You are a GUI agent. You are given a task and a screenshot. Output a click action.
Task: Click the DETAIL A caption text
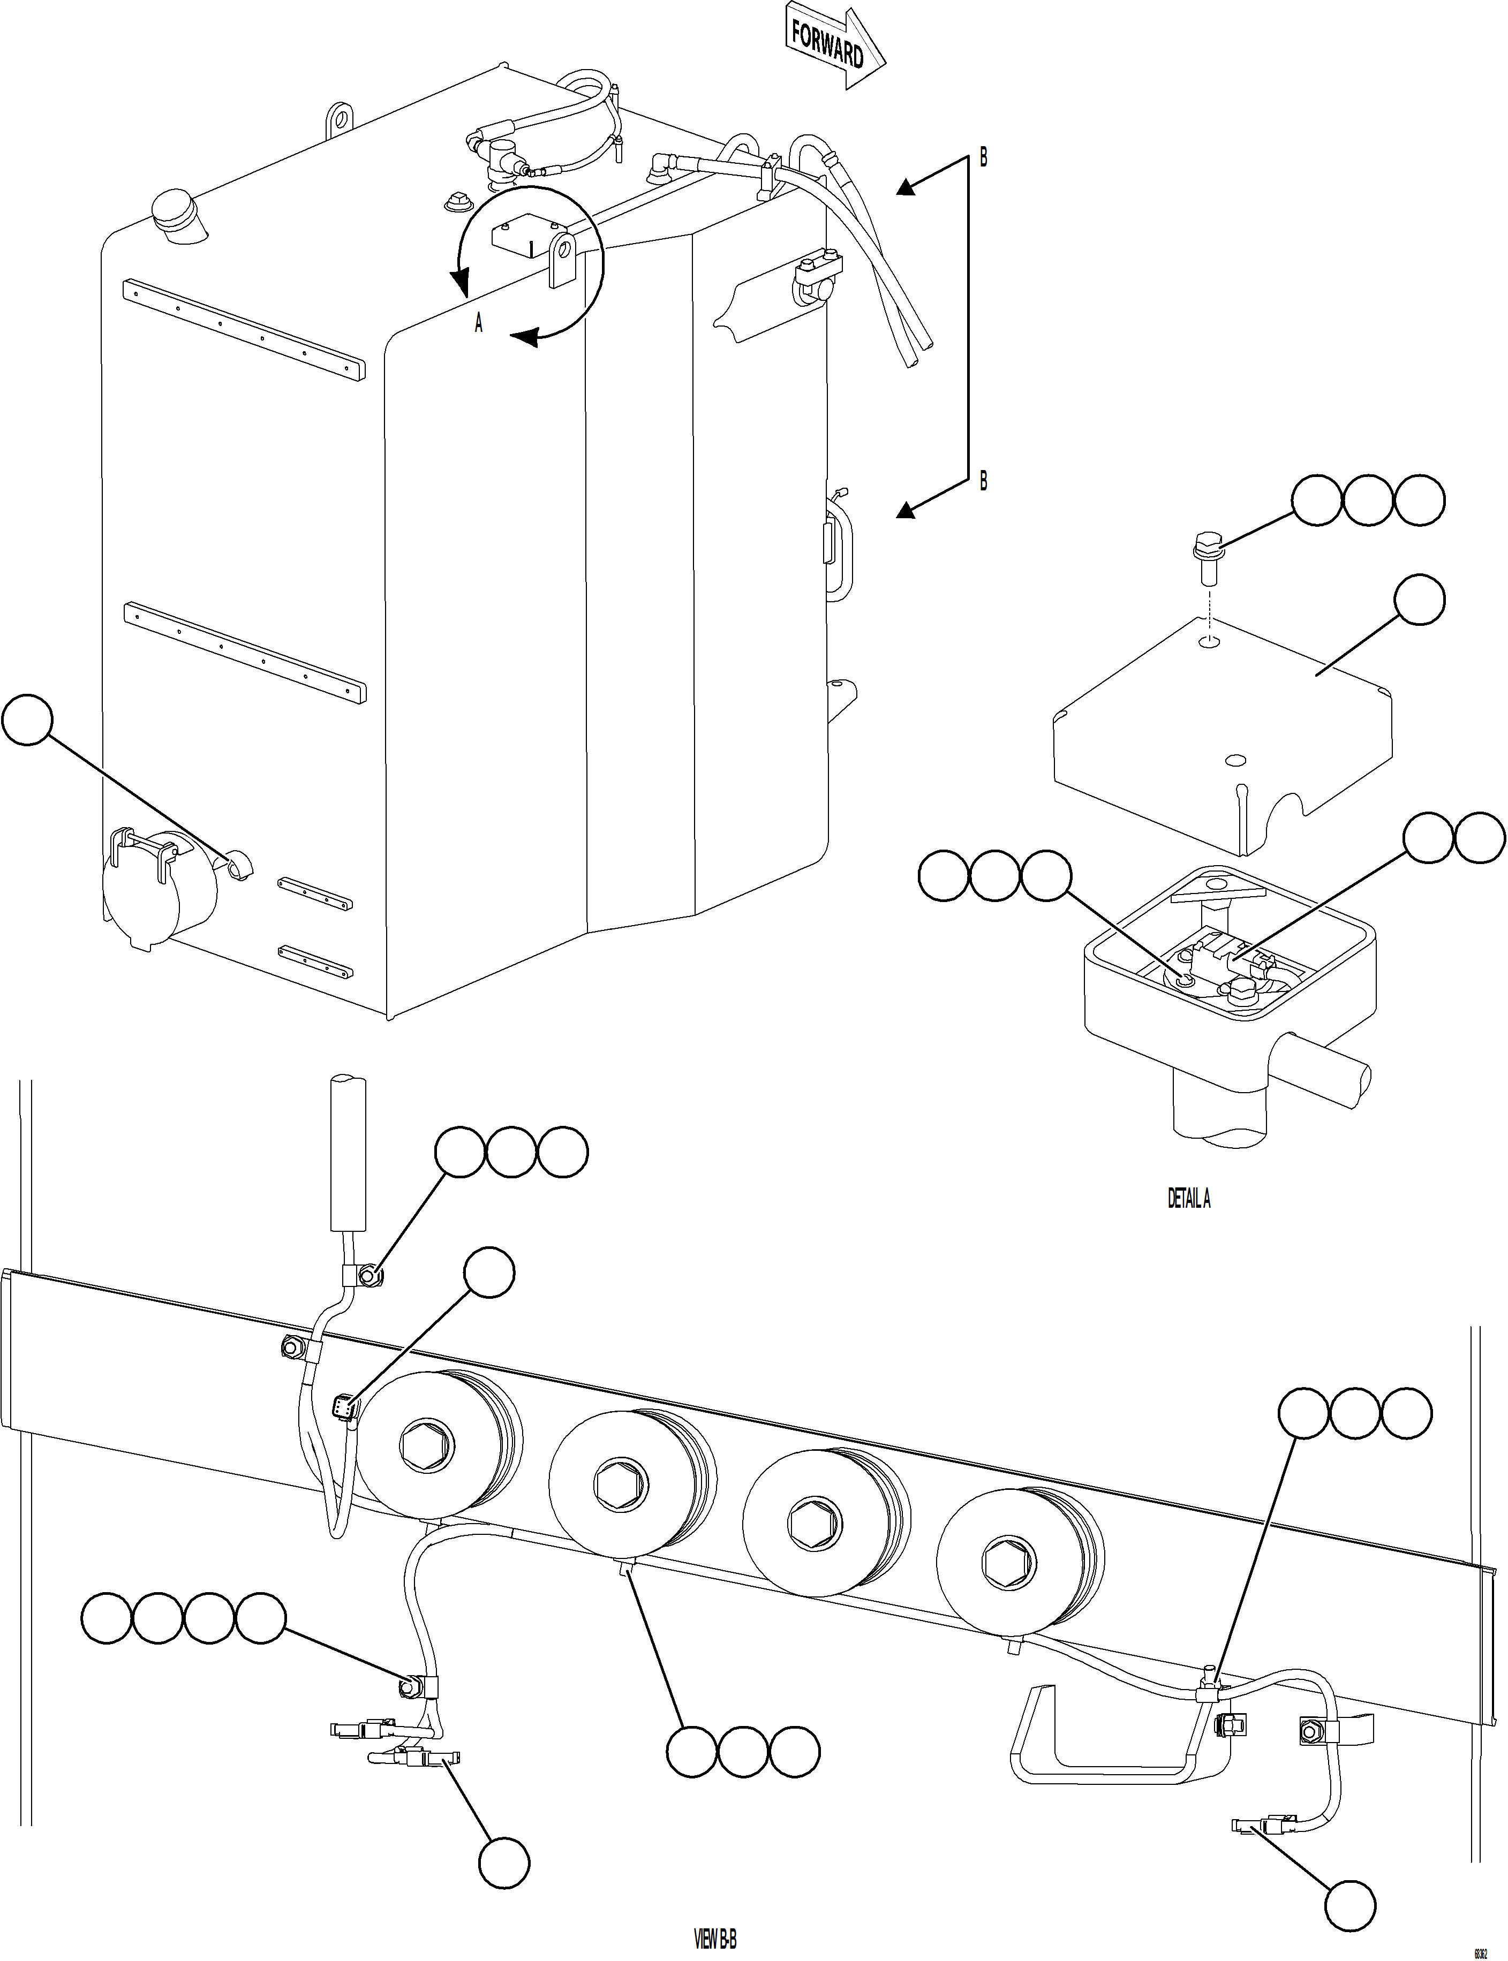(x=1188, y=1198)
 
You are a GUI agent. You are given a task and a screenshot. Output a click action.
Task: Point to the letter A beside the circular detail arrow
(x=478, y=323)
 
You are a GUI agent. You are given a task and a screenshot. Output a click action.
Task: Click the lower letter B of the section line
(x=983, y=481)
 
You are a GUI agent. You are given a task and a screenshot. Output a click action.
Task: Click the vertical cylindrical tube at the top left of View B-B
(x=348, y=1153)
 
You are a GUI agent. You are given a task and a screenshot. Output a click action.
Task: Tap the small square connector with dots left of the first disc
(x=343, y=1409)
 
